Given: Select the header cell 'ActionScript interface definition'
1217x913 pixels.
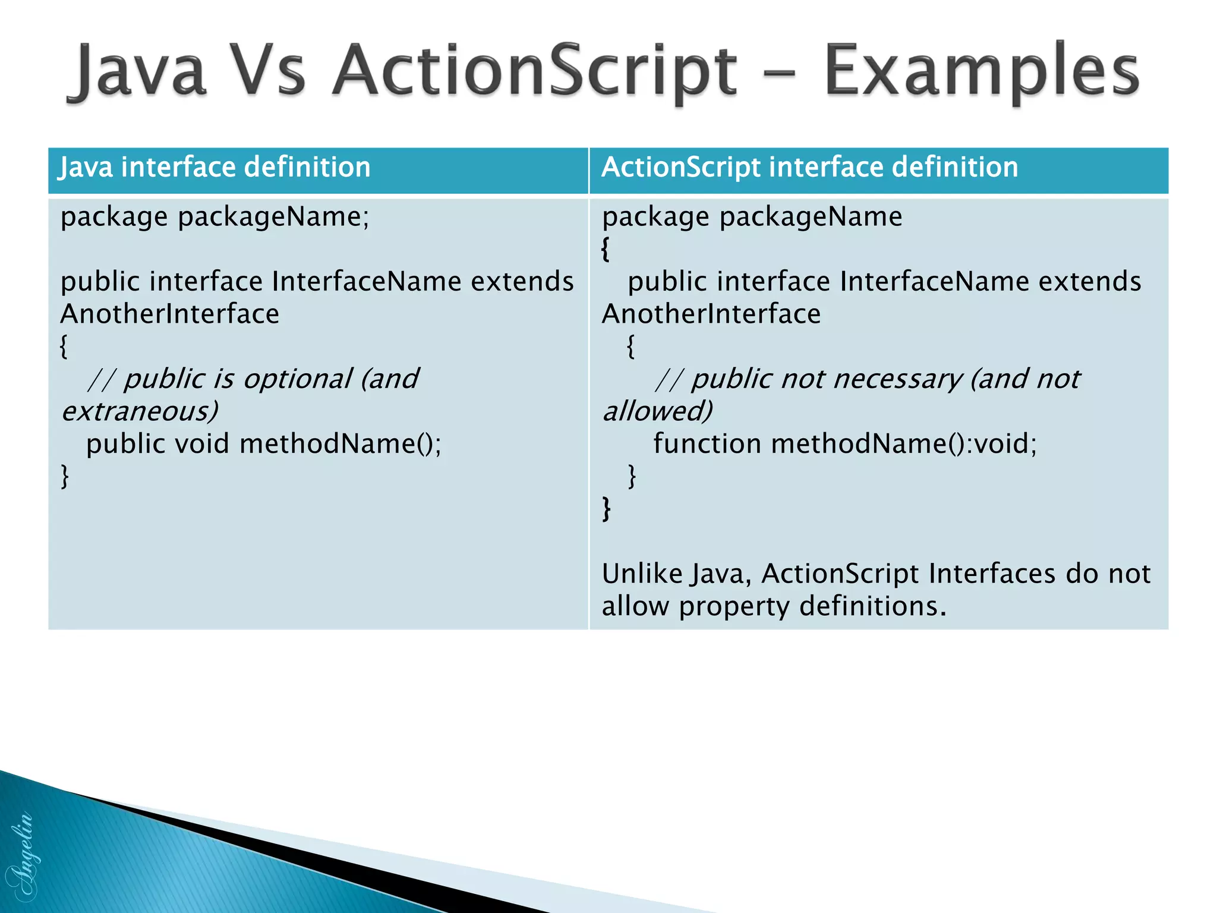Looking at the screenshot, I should tap(809, 167).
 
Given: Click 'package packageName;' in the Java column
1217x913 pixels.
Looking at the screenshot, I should tap(215, 216).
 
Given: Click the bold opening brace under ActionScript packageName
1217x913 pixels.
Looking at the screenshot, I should tap(606, 248).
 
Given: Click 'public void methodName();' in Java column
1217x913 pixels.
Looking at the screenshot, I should tap(263, 444).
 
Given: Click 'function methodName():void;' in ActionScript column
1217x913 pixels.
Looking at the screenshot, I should tap(844, 444).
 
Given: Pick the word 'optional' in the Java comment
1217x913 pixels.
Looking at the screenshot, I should tap(297, 379).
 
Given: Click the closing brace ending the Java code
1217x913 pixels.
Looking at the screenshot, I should tap(65, 476).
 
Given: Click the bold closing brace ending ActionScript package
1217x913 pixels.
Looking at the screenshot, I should tap(606, 509).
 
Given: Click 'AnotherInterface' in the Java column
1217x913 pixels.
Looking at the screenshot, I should tap(170, 314).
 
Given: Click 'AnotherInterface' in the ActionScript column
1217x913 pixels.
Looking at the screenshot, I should tap(711, 314).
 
